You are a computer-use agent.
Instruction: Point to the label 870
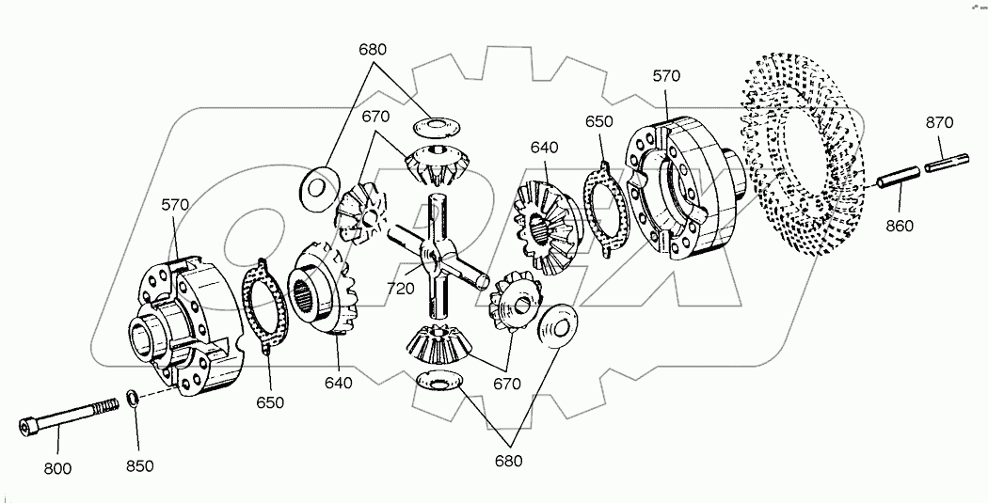coord(938,122)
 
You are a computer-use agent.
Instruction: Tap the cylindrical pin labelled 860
coord(898,178)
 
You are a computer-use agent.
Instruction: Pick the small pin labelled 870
coord(940,164)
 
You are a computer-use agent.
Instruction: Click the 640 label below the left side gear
coord(339,383)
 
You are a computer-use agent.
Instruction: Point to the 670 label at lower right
coord(506,383)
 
